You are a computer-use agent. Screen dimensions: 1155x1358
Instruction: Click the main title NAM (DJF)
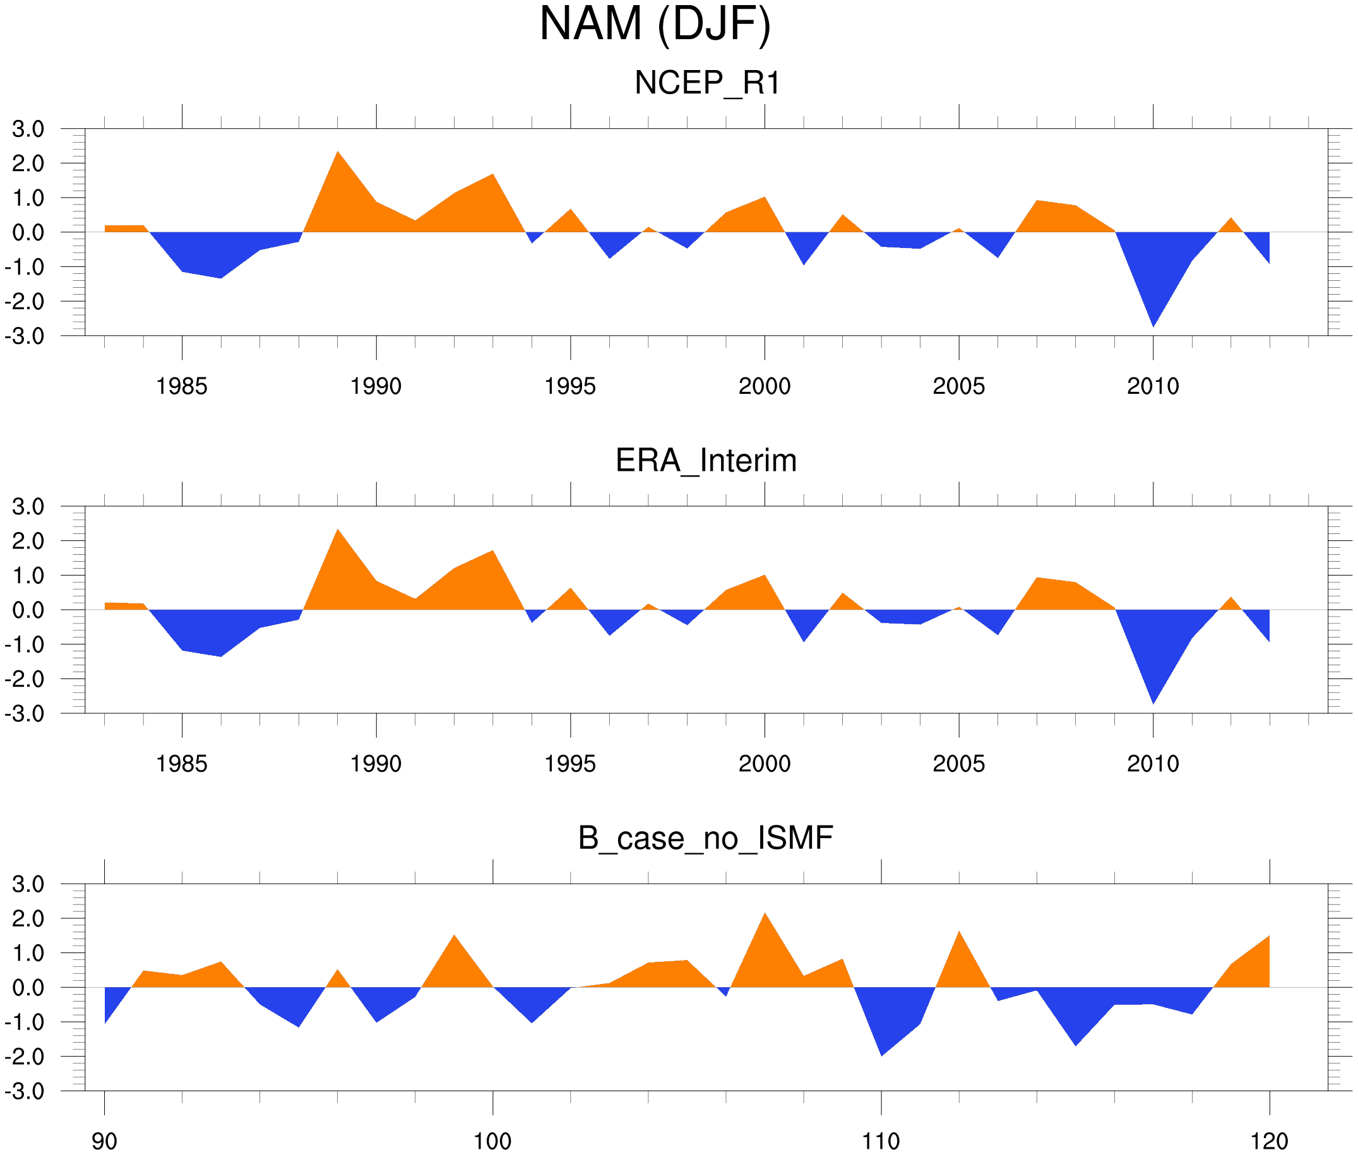point(655,25)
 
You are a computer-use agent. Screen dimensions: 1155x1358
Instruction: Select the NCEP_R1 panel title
point(707,83)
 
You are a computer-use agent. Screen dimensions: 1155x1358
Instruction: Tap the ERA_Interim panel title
point(706,460)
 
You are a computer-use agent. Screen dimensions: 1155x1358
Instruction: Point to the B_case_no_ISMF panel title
point(705,838)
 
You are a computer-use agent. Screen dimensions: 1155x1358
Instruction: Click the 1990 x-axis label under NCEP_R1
point(376,386)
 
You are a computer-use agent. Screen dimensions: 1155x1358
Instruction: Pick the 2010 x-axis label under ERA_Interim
point(1152,764)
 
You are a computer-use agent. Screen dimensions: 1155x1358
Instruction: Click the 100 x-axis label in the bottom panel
point(492,1141)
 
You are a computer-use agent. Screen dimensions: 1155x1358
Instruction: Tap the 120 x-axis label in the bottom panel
point(1269,1141)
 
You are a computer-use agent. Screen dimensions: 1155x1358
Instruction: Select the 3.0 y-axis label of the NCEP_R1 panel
point(28,129)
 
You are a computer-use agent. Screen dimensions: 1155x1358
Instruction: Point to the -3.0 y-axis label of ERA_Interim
point(24,714)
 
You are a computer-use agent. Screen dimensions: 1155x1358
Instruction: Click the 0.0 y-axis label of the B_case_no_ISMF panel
point(28,988)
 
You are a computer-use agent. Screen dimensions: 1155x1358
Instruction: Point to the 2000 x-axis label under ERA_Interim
point(764,764)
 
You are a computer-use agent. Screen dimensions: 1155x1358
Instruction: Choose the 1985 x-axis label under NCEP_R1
point(181,386)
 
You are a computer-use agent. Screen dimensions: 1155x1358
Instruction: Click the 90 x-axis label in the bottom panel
point(104,1141)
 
